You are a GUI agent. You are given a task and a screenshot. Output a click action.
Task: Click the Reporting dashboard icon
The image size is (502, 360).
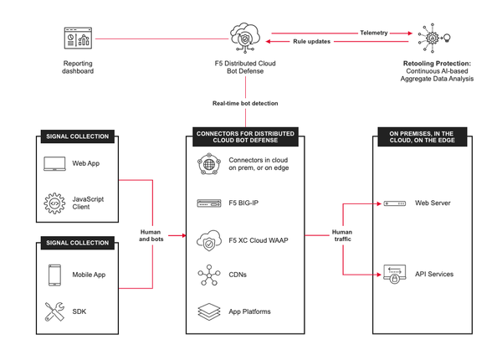(x=77, y=39)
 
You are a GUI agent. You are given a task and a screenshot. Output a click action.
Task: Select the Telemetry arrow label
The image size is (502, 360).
(x=374, y=33)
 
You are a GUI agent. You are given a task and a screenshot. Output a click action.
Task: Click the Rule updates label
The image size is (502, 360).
(x=310, y=42)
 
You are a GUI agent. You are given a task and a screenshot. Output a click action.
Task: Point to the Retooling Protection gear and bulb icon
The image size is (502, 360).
(x=435, y=39)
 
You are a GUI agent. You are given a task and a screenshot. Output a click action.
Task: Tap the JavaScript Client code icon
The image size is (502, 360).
(x=55, y=203)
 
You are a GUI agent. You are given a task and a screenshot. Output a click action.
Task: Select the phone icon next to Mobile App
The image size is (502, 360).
(x=55, y=275)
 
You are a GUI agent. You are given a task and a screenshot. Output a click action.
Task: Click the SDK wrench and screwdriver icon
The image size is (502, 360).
(x=55, y=312)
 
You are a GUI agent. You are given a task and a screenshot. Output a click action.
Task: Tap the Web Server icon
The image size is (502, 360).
(x=392, y=203)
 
